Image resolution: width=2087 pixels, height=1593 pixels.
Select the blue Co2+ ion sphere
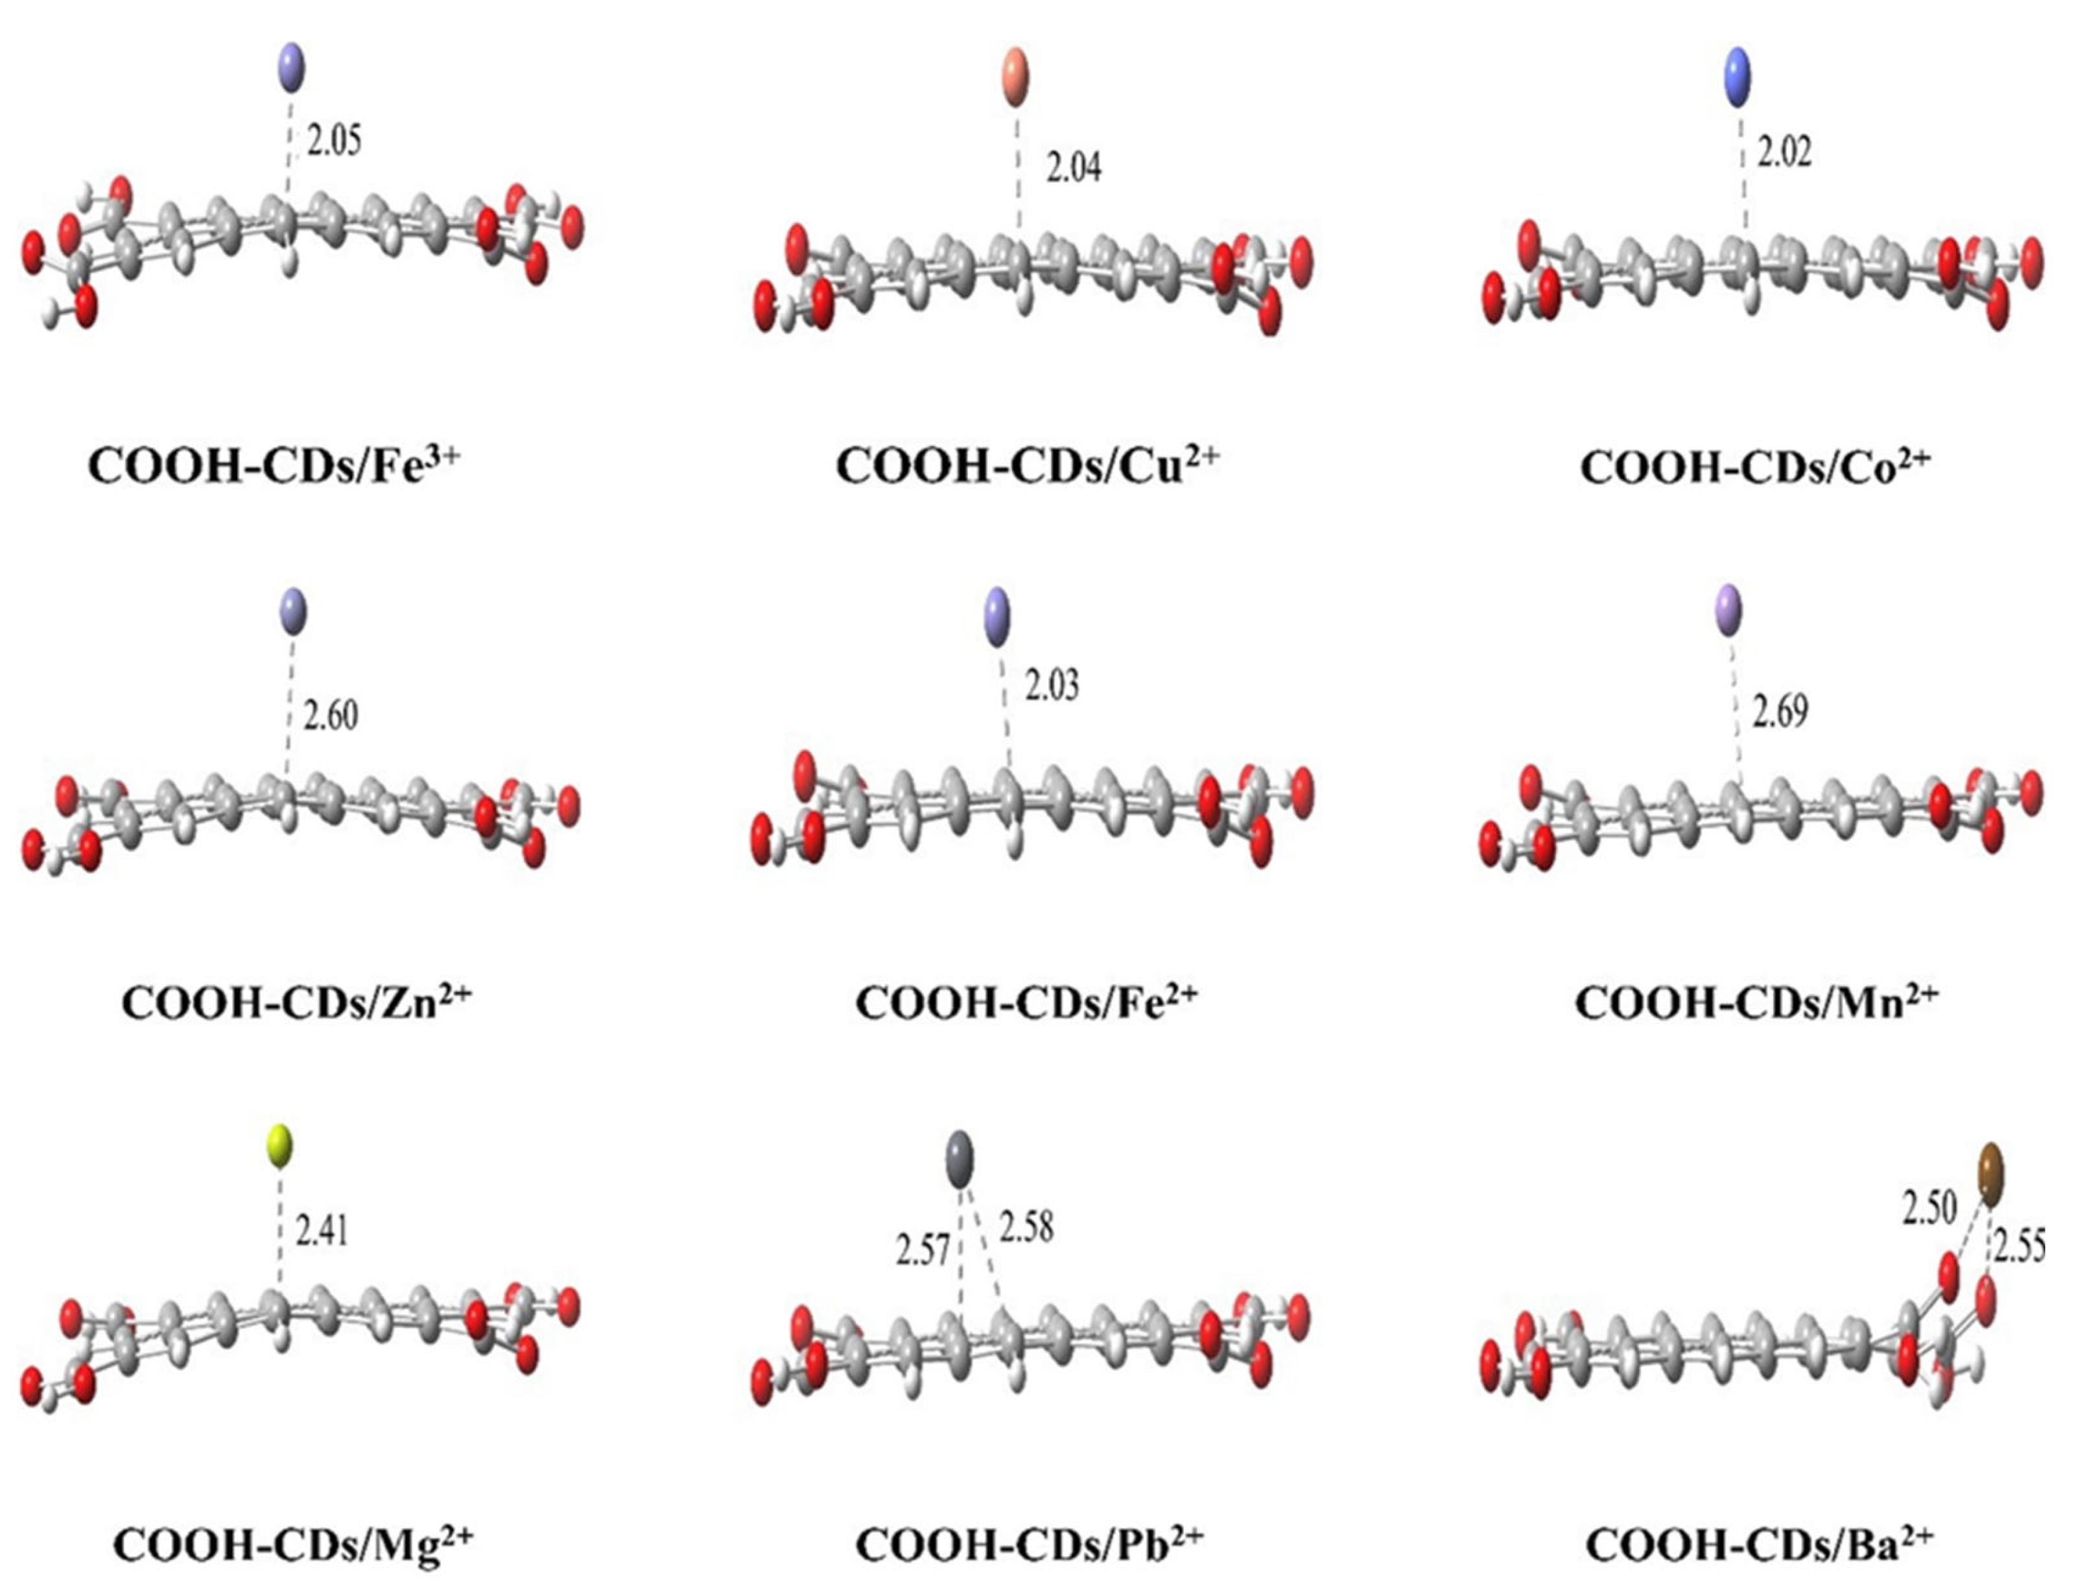pos(1736,80)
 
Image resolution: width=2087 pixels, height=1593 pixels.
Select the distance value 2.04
pos(1074,168)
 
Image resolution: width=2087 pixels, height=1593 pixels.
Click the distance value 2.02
pos(1784,152)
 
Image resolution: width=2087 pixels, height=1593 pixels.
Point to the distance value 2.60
pos(330,715)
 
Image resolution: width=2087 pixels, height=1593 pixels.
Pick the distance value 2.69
pos(1780,711)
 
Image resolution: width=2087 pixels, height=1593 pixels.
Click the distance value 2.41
pos(322,1232)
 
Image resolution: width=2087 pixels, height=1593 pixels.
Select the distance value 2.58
pos(1026,1228)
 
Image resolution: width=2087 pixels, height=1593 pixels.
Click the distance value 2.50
pos(1929,1209)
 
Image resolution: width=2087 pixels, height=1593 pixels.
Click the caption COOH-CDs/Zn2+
pos(296,1003)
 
